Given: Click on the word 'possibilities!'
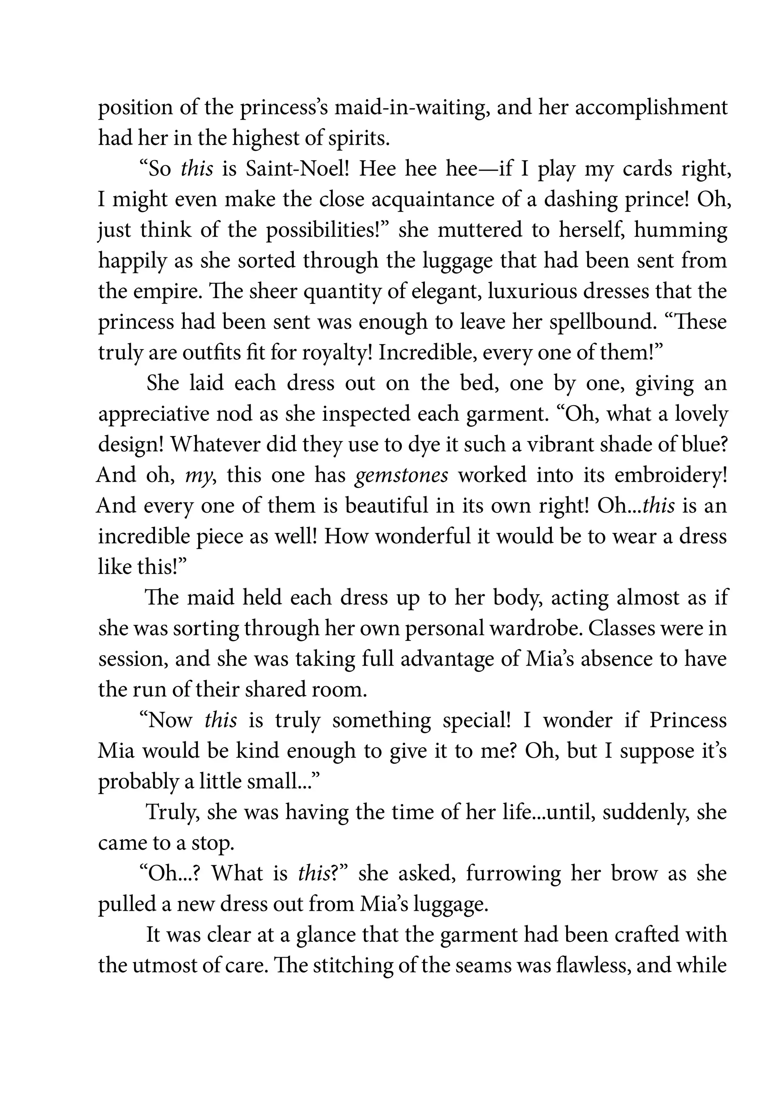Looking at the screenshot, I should [327, 230].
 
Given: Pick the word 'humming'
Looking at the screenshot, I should [681, 230].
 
